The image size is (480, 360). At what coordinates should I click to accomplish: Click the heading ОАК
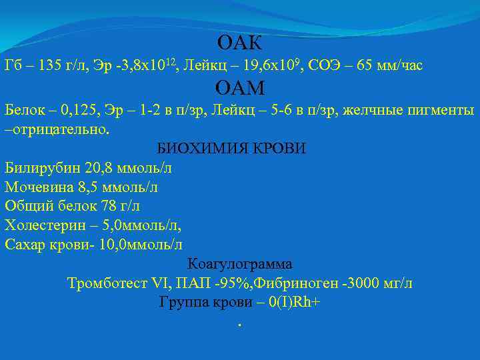coord(240,44)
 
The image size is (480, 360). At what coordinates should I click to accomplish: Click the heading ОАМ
coord(240,87)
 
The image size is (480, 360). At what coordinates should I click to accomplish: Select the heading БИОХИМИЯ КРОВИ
coord(231,148)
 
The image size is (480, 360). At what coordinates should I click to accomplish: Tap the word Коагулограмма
coord(240,263)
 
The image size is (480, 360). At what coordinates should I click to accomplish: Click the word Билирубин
coord(40,168)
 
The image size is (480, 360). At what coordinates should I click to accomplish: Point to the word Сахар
coord(25,245)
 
